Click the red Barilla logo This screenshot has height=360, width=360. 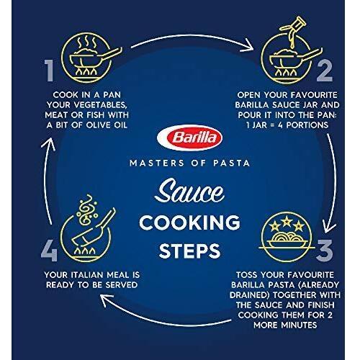(x=189, y=138)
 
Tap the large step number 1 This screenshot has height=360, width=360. (x=49, y=71)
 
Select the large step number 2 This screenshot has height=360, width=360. (x=325, y=71)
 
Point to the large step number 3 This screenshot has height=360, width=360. (x=325, y=251)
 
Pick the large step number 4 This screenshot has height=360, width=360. (x=49, y=251)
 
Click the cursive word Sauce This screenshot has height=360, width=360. (x=189, y=192)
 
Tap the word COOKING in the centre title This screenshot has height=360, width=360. (x=189, y=222)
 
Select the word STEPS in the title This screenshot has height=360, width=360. (x=189, y=251)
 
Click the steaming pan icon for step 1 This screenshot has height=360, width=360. (x=91, y=58)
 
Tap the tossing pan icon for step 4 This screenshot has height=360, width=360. (x=89, y=228)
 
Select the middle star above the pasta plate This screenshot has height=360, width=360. (x=287, y=221)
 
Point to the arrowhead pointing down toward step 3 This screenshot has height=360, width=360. (x=328, y=227)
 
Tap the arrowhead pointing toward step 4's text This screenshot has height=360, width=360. (x=106, y=300)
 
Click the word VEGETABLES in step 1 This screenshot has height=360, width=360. (x=99, y=105)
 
